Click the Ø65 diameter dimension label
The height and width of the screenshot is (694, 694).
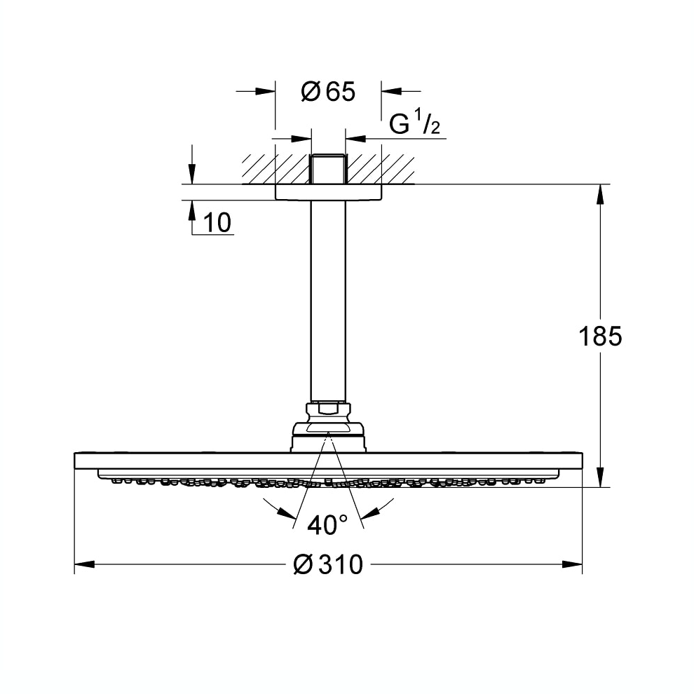(328, 91)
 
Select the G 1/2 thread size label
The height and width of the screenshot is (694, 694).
(414, 125)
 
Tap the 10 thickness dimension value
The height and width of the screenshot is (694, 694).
(217, 223)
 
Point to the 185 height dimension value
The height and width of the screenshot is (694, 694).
(600, 336)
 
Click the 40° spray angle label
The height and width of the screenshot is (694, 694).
(327, 524)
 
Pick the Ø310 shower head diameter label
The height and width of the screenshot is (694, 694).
(328, 564)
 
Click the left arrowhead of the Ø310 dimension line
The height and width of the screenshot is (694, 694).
(84, 564)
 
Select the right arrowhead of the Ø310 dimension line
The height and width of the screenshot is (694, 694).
(573, 564)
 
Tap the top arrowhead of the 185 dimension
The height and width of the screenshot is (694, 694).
(600, 194)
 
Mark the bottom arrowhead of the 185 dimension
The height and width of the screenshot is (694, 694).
(600, 477)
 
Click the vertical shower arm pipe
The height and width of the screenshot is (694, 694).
(327, 301)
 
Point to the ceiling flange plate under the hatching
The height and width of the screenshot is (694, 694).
(327, 193)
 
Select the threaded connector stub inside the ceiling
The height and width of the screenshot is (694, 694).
(327, 169)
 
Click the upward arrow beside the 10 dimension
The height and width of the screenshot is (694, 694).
(191, 210)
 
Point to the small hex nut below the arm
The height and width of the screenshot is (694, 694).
(327, 408)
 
